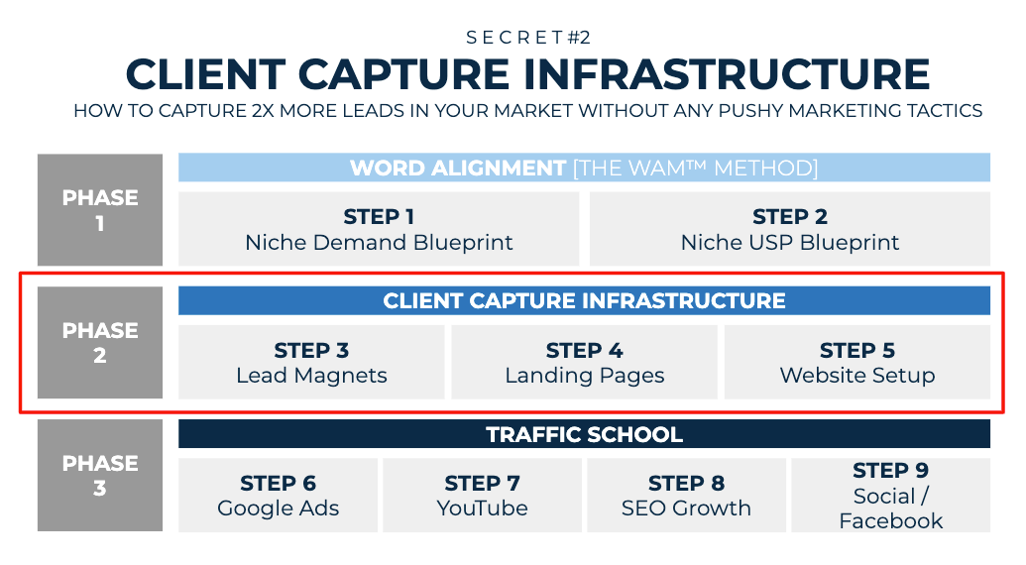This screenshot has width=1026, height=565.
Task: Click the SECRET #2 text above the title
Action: (x=528, y=38)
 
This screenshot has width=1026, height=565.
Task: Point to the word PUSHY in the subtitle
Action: (x=750, y=110)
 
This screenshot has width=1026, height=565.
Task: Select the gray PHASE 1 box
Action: (x=100, y=210)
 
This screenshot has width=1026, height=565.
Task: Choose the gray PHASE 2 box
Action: (x=100, y=343)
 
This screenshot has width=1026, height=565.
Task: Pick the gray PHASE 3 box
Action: (x=100, y=476)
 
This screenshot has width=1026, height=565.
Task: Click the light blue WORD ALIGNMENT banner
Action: (x=584, y=168)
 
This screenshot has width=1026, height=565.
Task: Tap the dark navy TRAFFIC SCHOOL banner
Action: (x=584, y=434)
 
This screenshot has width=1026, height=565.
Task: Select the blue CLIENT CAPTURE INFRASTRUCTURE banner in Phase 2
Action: (x=584, y=300)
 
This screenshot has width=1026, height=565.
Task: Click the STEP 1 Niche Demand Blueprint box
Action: (x=379, y=229)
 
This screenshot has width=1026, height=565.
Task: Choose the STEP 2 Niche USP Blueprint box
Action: (x=790, y=229)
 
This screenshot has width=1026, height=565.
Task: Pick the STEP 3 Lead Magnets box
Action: (x=311, y=362)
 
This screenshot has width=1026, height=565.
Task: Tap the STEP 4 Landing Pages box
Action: (x=584, y=362)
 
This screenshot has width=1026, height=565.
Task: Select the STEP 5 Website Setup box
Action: (x=857, y=362)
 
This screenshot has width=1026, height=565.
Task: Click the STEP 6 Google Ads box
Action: (x=279, y=495)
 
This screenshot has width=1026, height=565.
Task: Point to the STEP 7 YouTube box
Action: (x=482, y=495)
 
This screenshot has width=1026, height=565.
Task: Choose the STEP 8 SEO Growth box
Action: (x=686, y=495)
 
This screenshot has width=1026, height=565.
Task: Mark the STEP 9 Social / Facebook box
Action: (x=890, y=495)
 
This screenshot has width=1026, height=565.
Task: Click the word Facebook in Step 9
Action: (x=890, y=521)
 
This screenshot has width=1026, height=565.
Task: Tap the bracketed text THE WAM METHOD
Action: (x=696, y=169)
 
